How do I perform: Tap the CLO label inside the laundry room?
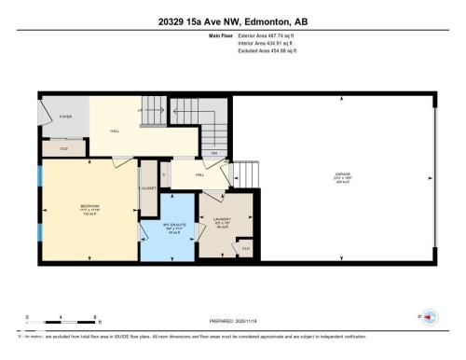246,249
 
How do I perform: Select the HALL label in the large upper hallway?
116,131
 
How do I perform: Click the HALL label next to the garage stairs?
199,174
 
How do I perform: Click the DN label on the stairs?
213,153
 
